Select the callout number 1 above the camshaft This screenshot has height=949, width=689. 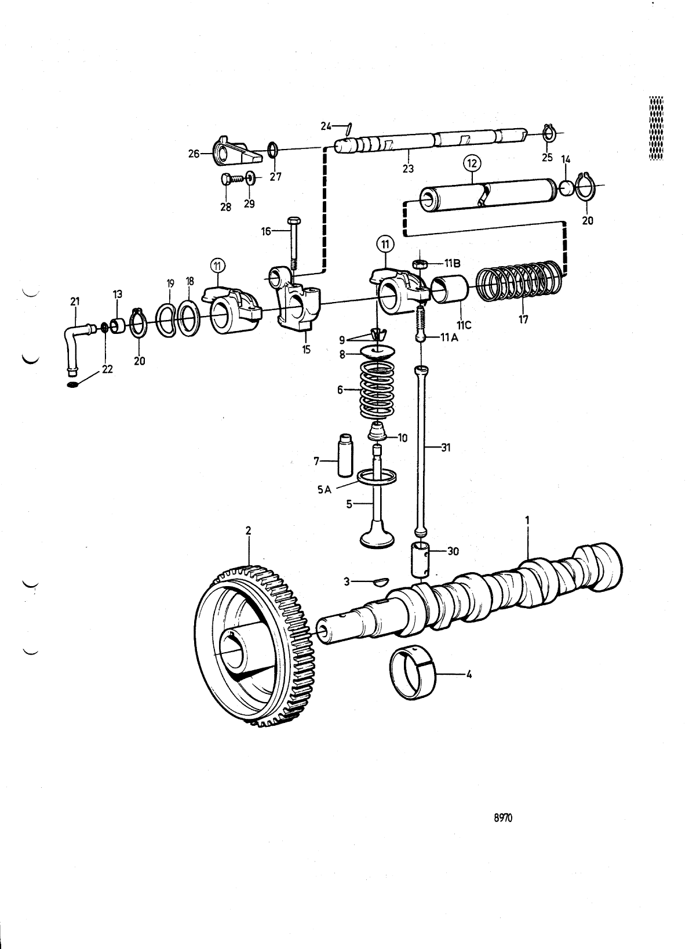click(527, 521)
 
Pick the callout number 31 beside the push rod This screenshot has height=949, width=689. click(446, 448)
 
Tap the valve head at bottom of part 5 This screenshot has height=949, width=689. click(377, 537)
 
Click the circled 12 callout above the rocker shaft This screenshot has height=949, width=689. click(472, 164)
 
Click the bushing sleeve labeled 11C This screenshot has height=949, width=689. click(450, 290)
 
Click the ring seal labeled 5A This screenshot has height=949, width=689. click(377, 477)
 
